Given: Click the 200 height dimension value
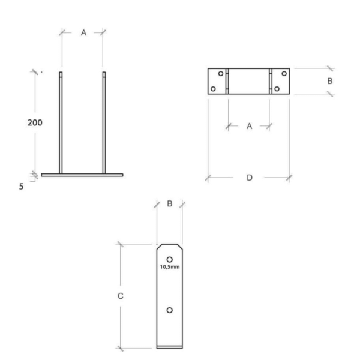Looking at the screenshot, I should pos(35,122).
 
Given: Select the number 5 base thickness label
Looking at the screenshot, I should pos(22,187).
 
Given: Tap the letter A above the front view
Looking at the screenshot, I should pos(83,32).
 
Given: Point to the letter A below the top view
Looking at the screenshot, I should pos(249,126).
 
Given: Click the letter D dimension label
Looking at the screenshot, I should pos(249,178).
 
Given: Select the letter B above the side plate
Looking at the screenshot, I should pos(170,204).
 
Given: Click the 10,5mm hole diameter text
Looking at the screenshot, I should pos(170,266).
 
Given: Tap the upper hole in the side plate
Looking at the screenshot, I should pos(170,259).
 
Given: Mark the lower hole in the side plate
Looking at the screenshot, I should pos(170,310).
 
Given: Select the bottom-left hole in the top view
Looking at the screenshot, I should pos(214,89).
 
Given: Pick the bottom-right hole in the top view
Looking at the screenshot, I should pos(276,89).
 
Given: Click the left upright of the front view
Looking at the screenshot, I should pos(61,123).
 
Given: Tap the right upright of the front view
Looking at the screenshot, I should pos(104,123).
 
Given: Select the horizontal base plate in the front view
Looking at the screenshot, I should pos(82,175).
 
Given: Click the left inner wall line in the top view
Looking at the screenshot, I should pos(227,81).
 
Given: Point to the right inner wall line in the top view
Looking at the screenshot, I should pos(271,81).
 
